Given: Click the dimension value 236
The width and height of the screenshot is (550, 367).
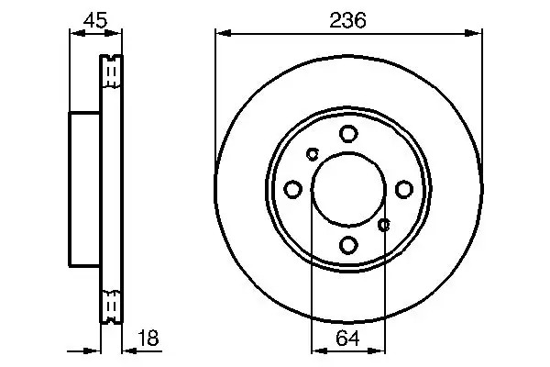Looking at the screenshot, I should [x=348, y=19].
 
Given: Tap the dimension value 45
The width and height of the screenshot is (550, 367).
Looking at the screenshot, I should [x=94, y=19].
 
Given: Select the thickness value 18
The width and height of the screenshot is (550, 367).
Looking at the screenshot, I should [x=147, y=338].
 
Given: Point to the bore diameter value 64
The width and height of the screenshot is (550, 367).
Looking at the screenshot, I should [x=348, y=338].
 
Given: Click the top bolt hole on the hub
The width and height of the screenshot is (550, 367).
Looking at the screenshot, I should [x=348, y=134].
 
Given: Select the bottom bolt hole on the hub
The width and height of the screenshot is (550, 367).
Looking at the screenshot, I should [x=348, y=245].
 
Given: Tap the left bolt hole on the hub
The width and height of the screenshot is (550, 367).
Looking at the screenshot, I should [x=293, y=189].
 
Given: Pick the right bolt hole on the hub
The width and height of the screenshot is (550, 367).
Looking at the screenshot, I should [x=403, y=189].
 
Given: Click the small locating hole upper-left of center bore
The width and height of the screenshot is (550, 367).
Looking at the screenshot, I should [x=313, y=153].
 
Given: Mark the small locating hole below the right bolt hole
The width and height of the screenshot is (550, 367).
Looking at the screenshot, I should [x=384, y=224].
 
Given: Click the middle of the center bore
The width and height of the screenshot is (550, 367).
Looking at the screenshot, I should [x=348, y=189].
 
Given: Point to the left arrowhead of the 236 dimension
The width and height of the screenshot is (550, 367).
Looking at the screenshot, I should [x=221, y=34].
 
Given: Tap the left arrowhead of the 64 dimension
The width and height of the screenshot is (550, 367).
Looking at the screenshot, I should [x=317, y=350].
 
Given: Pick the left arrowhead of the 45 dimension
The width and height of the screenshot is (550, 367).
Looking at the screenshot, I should [x=74, y=34].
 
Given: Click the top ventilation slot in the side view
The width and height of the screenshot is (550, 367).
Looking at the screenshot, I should [x=111, y=72].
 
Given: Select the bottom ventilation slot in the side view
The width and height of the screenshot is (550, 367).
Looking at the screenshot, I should [x=111, y=306].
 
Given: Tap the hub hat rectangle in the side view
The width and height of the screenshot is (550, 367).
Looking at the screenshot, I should [x=84, y=189].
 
